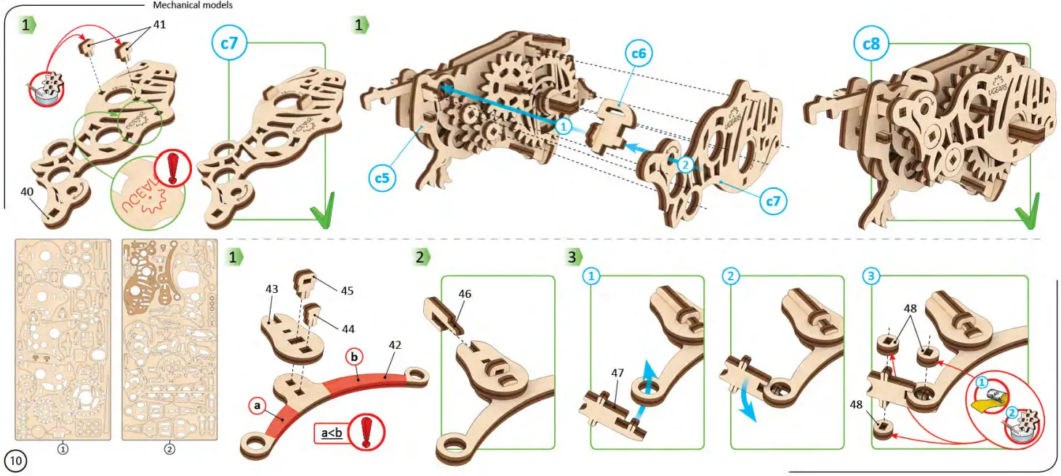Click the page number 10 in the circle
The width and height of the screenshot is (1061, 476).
[x=16, y=461]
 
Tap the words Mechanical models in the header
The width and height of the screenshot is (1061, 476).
[x=193, y=5]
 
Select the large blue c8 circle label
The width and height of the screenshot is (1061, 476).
[x=870, y=44]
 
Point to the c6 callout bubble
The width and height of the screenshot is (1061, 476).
[x=638, y=53]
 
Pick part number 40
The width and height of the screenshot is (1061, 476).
[x=27, y=192]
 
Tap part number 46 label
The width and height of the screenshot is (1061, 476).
[x=465, y=294]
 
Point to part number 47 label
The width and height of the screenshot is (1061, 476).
[x=617, y=373]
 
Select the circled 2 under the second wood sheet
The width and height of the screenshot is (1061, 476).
[x=169, y=449]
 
